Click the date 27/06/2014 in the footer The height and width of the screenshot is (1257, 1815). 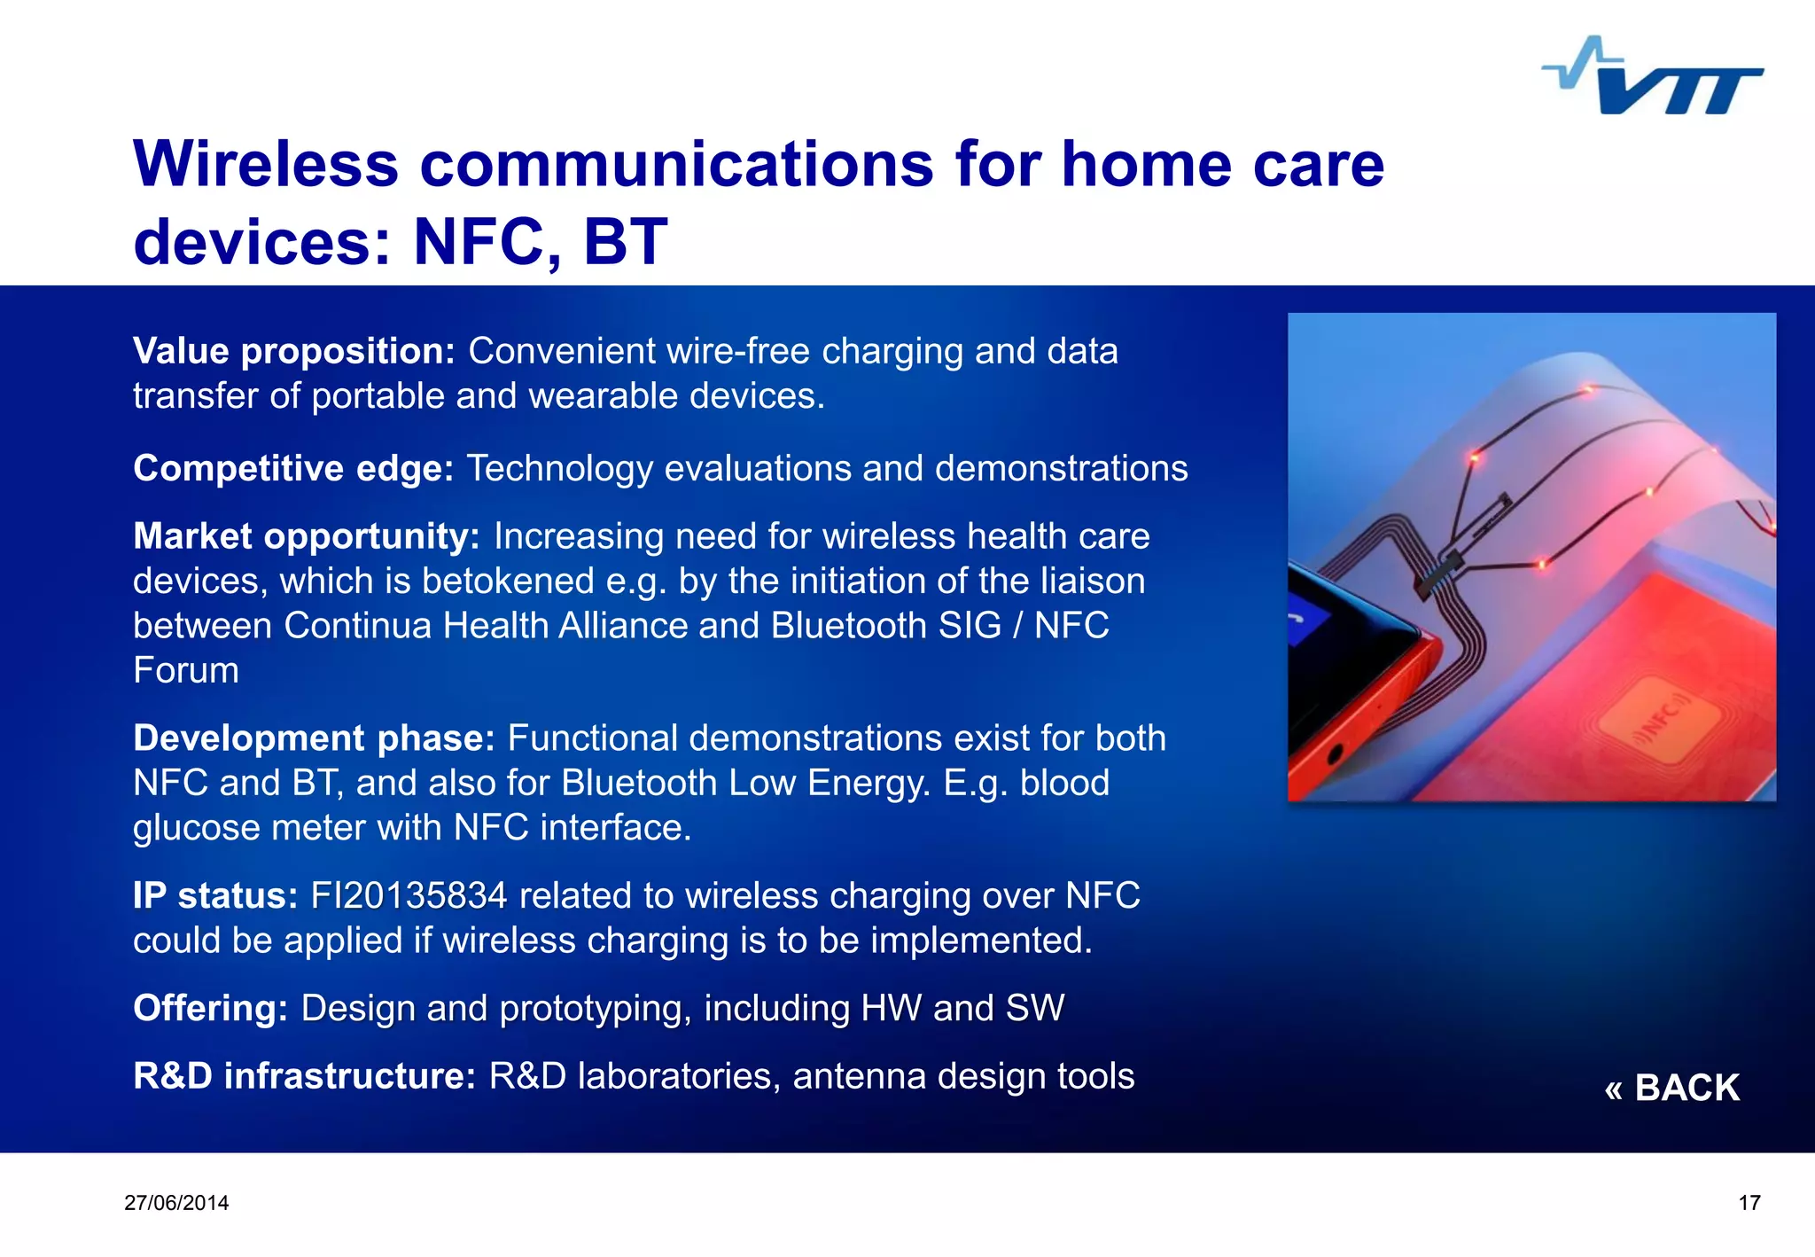click(176, 1203)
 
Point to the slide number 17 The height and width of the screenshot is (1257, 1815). click(1749, 1203)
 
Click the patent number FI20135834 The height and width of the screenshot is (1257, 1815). click(409, 896)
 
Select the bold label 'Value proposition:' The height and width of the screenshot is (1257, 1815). click(293, 352)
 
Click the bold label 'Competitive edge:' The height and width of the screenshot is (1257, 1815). click(293, 469)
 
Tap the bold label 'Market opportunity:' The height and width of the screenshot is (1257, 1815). click(306, 537)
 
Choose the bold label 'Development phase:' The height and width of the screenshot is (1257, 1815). click(314, 739)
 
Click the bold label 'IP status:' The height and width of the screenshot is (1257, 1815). click(215, 896)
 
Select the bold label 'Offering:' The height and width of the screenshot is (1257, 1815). click(210, 1009)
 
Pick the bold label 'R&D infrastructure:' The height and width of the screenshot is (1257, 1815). click(304, 1076)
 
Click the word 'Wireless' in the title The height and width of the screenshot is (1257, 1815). click(266, 165)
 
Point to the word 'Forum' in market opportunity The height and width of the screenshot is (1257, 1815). click(186, 671)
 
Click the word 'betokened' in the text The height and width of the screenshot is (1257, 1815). click(508, 582)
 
